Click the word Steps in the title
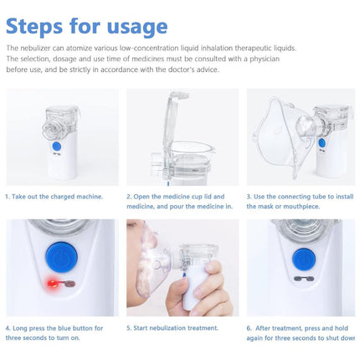pos(34,26)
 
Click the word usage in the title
pos(137,28)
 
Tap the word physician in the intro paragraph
pos(265,59)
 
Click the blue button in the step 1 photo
pos(57,146)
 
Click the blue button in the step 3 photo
pos(321,143)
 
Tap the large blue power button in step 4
pos(62,257)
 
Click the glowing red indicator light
pos(52,284)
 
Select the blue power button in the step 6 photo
pos(304,260)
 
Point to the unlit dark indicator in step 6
pos(304,279)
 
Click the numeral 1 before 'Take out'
pos(7,197)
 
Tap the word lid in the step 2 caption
pos(208,197)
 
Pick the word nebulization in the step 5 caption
pos(167,328)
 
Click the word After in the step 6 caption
pos(264,328)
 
